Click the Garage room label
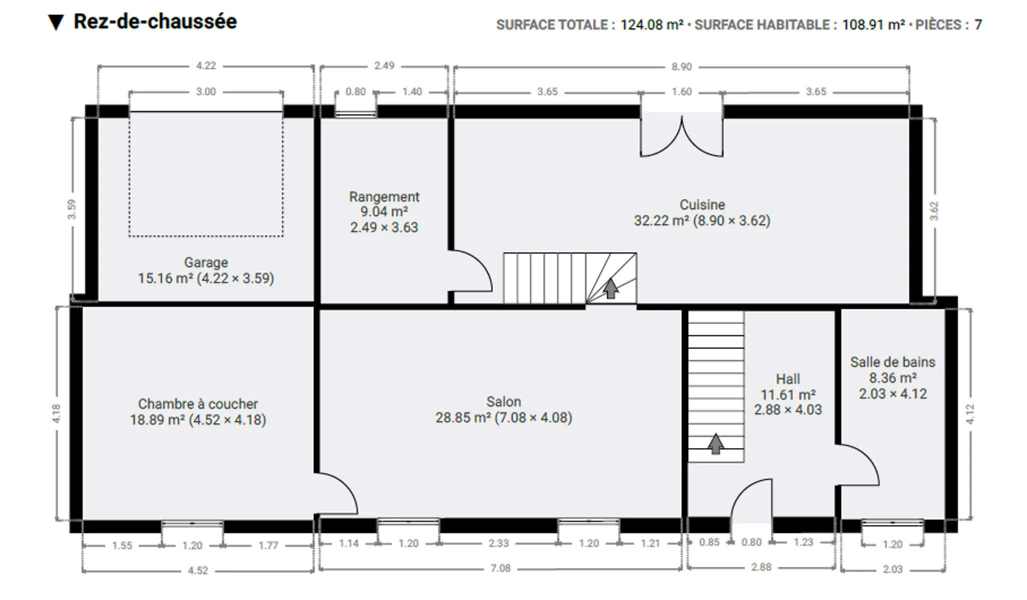coord(206,262)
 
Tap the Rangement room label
coord(384,196)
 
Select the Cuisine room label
coord(702,204)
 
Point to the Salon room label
coord(504,401)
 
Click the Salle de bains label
coord(892,362)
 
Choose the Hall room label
coord(788,379)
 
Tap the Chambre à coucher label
coord(198,403)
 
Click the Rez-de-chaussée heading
coord(155,21)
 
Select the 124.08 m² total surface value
coord(652,24)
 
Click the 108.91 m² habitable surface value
coord(873,24)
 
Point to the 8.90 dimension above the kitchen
coord(681,66)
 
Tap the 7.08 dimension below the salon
coord(500,568)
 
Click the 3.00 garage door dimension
coord(206,91)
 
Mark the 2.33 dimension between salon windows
coord(498,543)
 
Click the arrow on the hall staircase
coord(716,443)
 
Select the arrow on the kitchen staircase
coord(610,288)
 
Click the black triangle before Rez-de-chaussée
coord(56,23)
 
